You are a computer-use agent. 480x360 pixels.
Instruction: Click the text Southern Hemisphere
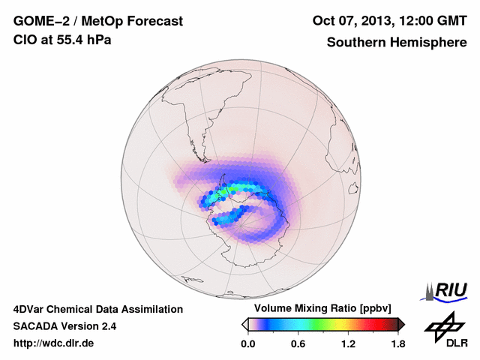397,42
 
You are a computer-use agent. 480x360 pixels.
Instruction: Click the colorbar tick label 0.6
298,343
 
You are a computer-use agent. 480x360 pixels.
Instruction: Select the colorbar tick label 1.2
348,343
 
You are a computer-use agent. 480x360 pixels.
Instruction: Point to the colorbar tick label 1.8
397,343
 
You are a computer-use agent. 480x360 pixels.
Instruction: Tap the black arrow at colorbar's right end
401,324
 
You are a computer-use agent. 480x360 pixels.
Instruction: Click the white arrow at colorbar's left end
244,324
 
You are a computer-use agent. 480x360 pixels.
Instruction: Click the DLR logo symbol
442,325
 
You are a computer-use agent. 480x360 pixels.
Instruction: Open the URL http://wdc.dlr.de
54,343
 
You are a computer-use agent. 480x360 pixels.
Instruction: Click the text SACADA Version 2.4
64,326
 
